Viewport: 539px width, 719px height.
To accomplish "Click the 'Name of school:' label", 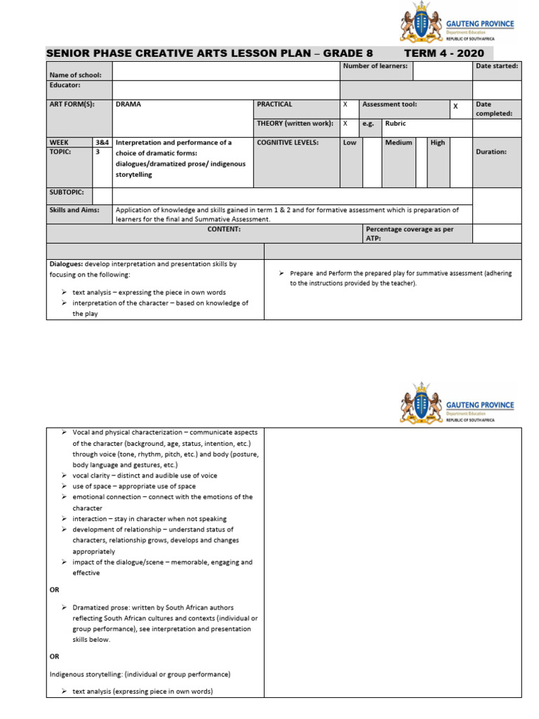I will pos(75,74).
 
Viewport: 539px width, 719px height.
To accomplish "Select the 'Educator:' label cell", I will pos(65,85).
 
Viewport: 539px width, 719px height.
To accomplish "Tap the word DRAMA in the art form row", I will pos(128,105).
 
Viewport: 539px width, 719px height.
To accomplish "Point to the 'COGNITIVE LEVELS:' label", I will pos(288,143).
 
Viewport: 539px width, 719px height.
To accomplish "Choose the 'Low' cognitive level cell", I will pos(350,143).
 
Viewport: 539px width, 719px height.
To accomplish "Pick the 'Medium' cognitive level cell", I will pos(398,143).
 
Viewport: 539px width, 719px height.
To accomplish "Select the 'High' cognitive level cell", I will pos(438,143).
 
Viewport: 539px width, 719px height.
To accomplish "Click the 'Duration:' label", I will pos(491,152).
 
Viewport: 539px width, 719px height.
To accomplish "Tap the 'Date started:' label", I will pos(497,66).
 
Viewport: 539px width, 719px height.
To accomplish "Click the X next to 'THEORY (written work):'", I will pos(345,124).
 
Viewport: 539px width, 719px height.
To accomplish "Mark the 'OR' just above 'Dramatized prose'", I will pos(55,590).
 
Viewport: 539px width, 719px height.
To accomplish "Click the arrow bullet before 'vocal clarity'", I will pos(64,475).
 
